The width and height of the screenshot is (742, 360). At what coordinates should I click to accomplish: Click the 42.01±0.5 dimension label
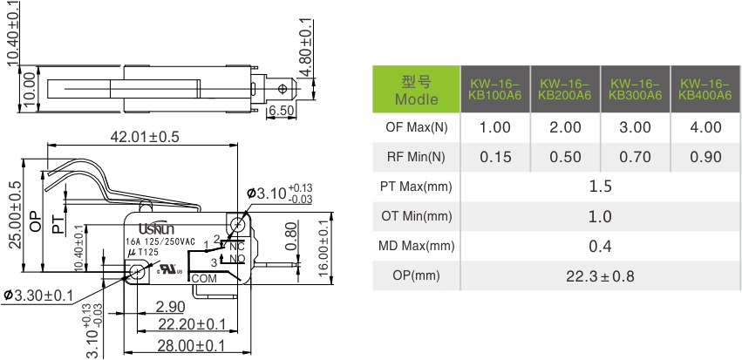[x=144, y=137]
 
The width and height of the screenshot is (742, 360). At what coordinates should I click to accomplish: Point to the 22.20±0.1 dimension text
[x=191, y=324]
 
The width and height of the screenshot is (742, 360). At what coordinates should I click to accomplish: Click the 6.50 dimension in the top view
[x=281, y=111]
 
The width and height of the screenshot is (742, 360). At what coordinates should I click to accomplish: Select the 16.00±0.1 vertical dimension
[x=323, y=250]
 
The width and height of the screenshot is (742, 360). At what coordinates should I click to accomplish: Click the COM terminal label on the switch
[x=203, y=279]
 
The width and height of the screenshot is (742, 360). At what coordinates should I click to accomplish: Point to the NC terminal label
[x=236, y=247]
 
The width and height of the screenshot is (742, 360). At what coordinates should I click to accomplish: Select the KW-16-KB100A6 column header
[x=494, y=88]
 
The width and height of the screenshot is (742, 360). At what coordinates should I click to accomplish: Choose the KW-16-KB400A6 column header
[x=705, y=88]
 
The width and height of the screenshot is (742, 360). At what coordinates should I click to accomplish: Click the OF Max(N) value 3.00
[x=635, y=127]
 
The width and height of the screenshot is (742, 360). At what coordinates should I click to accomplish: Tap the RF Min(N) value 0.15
[x=494, y=157]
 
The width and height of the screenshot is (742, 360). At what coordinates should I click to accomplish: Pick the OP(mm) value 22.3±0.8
[x=600, y=276]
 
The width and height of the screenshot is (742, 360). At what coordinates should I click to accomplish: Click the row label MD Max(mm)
[x=415, y=247]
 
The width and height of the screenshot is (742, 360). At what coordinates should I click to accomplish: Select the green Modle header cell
[x=415, y=90]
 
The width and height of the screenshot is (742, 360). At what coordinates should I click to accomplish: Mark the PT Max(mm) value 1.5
[x=600, y=187]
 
